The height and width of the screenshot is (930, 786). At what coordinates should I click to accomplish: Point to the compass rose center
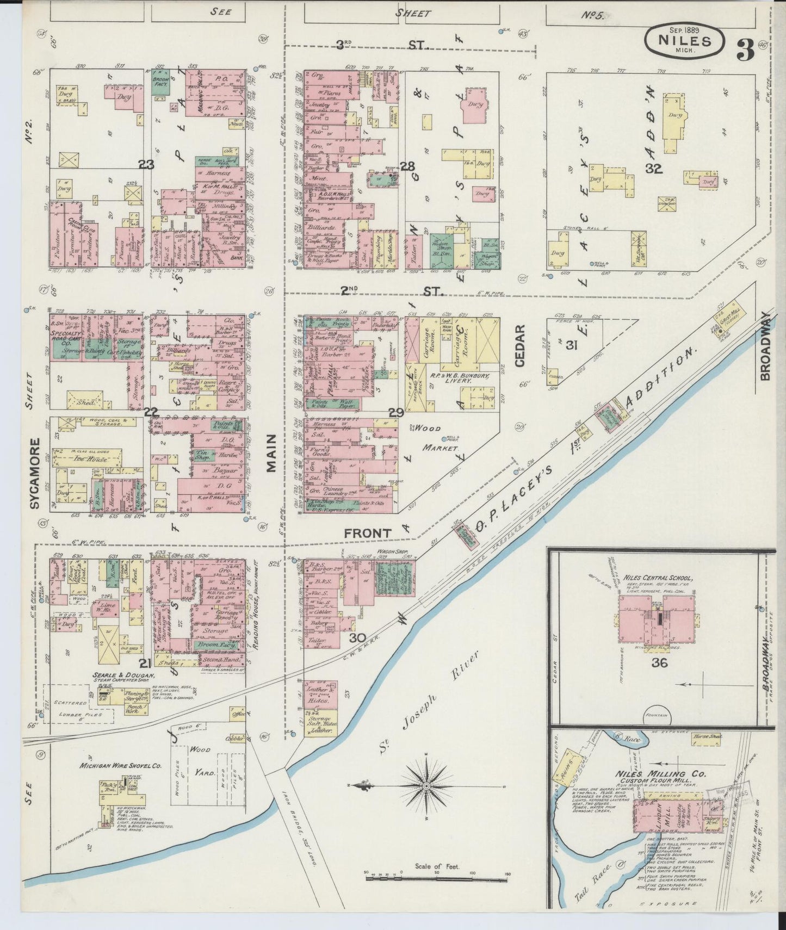tap(427, 786)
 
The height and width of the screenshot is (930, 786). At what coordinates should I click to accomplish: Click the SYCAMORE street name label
tap(35, 473)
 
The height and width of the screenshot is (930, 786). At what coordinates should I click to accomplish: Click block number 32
tap(653, 169)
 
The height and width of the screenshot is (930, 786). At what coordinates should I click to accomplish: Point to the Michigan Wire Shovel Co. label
tap(120, 765)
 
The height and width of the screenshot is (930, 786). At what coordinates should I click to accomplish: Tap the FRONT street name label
tap(367, 534)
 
